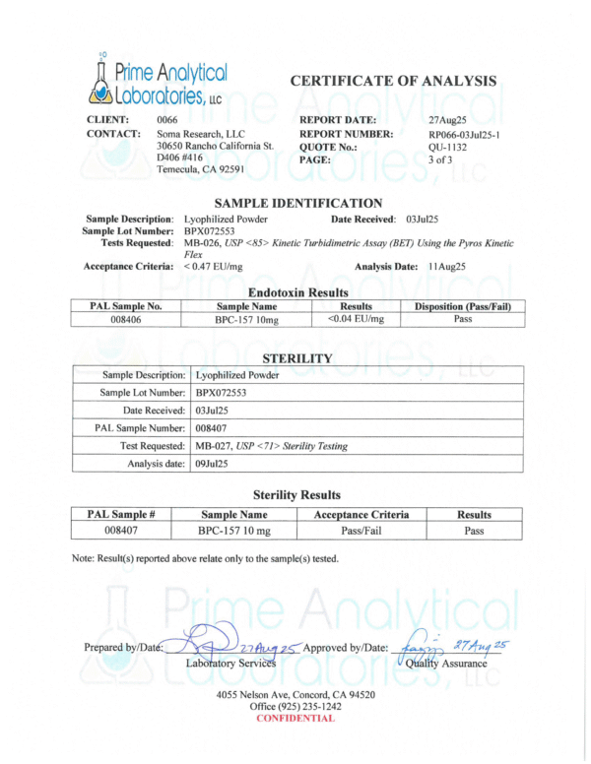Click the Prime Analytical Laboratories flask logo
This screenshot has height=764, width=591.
(101, 79)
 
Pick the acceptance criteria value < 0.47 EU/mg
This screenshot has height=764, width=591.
(219, 266)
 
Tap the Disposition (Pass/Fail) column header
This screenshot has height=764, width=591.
(463, 305)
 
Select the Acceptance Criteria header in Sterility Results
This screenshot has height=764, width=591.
(361, 514)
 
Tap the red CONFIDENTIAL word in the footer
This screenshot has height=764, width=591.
(295, 718)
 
